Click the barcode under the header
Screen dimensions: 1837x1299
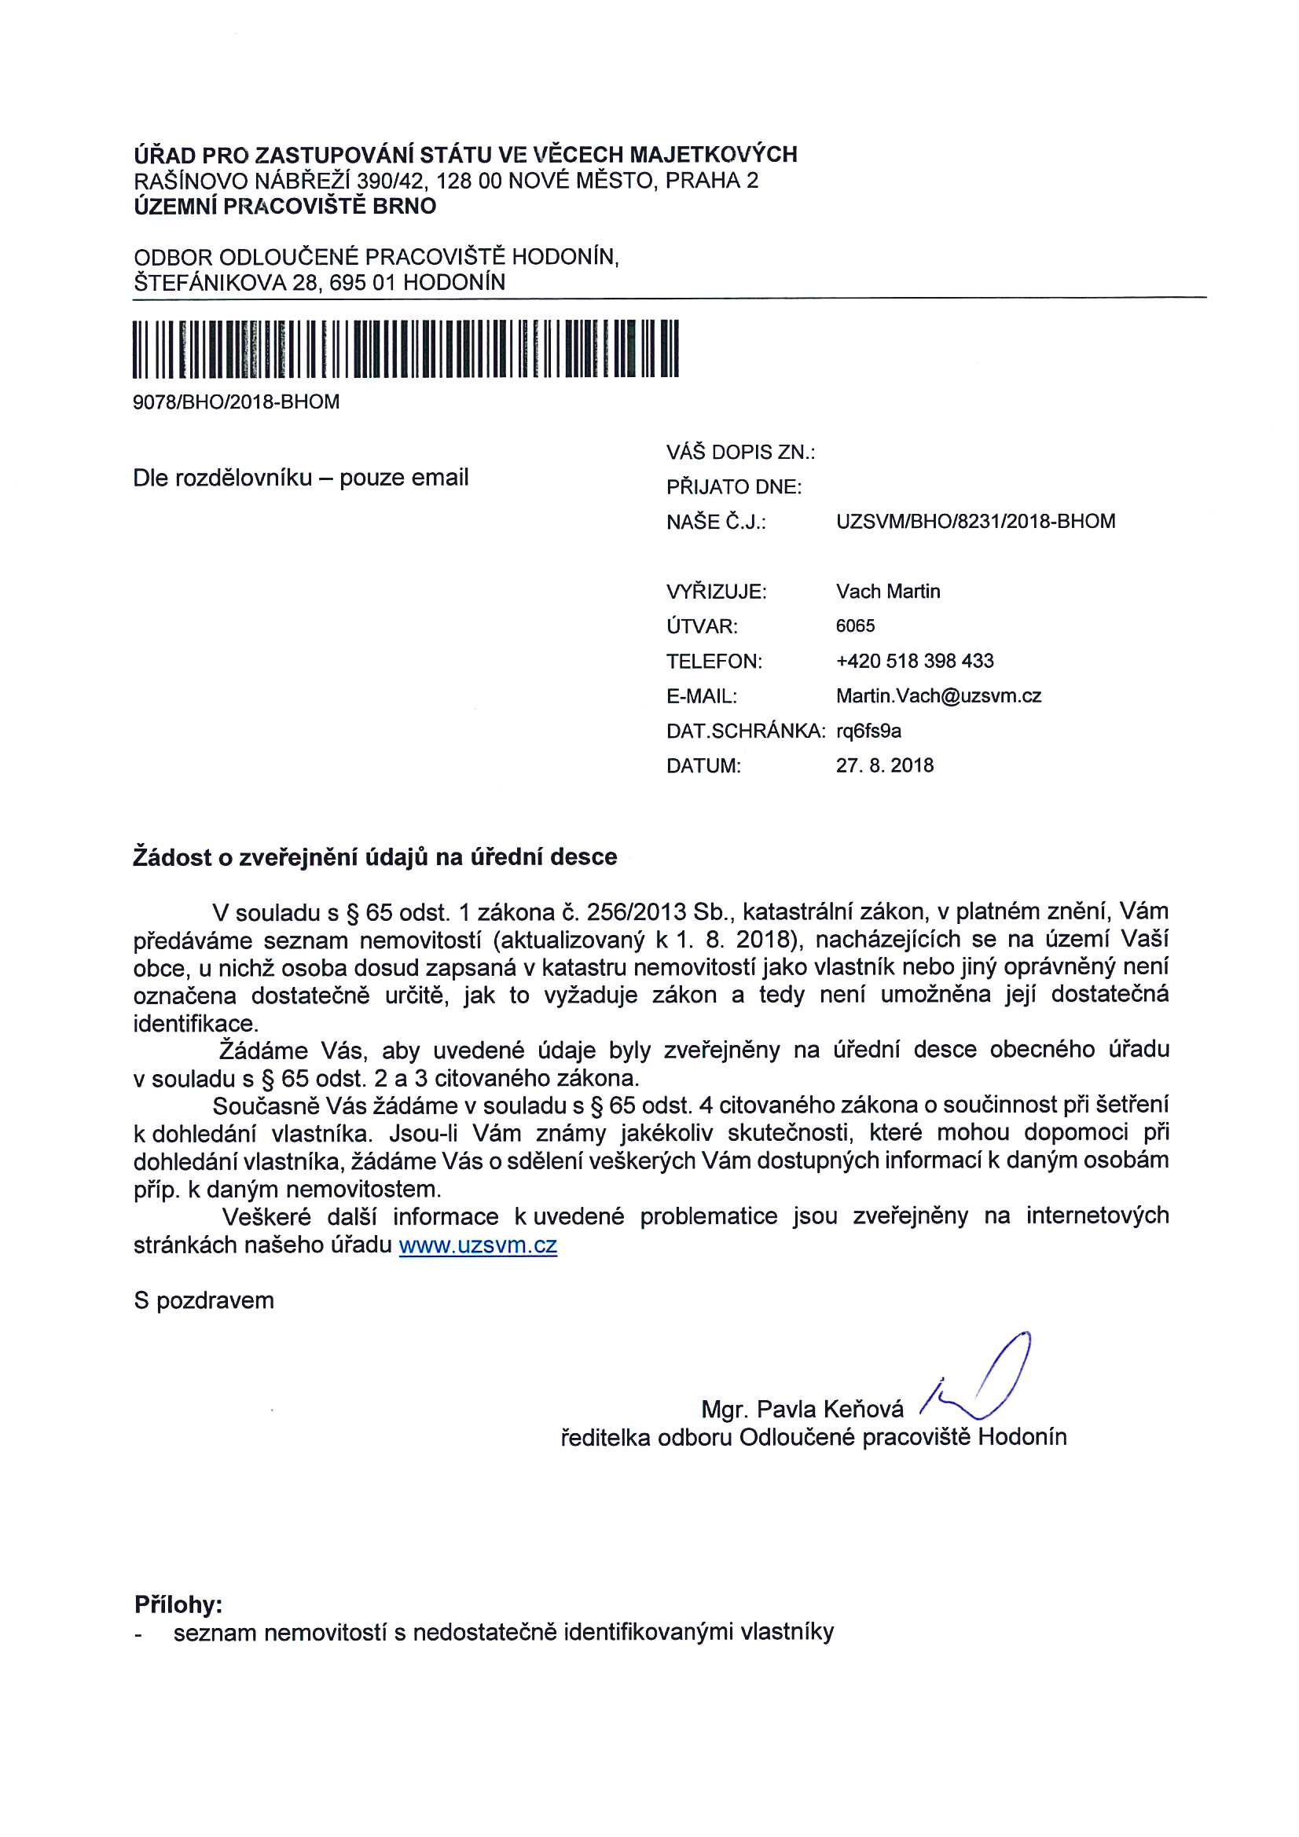(405, 348)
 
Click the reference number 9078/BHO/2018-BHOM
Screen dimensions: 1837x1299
(236, 401)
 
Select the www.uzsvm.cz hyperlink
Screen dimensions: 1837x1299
(478, 1245)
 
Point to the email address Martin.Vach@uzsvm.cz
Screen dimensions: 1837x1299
(938, 696)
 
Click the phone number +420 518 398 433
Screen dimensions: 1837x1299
(914, 661)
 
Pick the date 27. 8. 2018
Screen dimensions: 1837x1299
(884, 766)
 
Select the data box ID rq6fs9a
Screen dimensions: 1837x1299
(868, 731)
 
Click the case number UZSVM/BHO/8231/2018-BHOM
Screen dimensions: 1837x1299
(975, 522)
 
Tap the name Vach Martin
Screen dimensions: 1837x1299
(887, 592)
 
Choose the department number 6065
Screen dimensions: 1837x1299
(855, 625)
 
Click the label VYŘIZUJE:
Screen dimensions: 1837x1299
(716, 592)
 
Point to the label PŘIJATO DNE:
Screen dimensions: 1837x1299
(733, 487)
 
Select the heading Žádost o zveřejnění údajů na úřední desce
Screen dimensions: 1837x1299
(375, 857)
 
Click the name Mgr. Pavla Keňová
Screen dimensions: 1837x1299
(802, 1409)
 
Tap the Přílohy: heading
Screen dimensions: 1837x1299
(178, 1605)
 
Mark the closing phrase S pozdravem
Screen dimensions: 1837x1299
(204, 1301)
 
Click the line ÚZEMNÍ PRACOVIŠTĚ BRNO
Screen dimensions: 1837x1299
(285, 207)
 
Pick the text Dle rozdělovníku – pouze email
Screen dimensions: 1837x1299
(300, 478)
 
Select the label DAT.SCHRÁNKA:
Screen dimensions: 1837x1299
(745, 731)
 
